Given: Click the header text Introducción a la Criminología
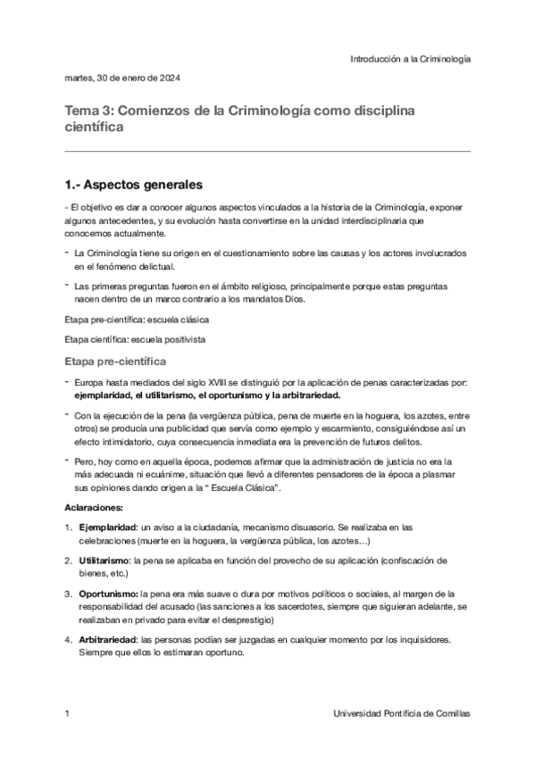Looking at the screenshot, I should tap(410, 58).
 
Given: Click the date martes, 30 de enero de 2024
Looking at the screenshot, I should tap(123, 79).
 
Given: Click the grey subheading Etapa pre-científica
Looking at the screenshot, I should tap(114, 362).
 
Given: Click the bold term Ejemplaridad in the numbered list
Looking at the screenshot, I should tap(108, 527).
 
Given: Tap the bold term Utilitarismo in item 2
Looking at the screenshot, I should tap(104, 560).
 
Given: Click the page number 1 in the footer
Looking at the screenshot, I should tap(68, 715).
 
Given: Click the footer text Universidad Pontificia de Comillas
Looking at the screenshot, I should tap(401, 715).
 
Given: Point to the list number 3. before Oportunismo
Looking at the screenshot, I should tap(69, 593).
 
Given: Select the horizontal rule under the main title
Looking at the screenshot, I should tap(267, 152).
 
